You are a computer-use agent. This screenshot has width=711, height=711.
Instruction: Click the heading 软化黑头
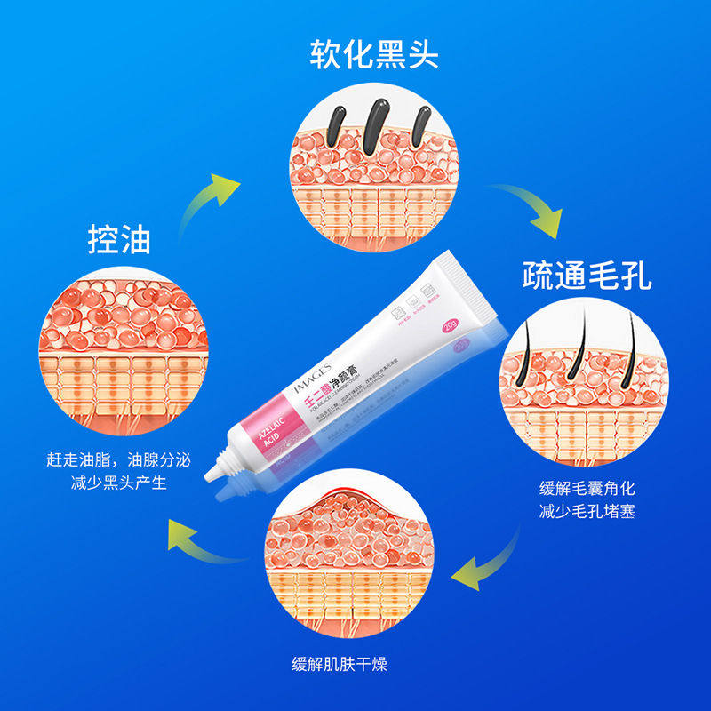pyautogui.click(x=374, y=54)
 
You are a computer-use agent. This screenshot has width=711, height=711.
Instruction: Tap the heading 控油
pyautogui.click(x=119, y=238)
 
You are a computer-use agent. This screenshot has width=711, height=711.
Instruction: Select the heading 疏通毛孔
pyautogui.click(x=587, y=276)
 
